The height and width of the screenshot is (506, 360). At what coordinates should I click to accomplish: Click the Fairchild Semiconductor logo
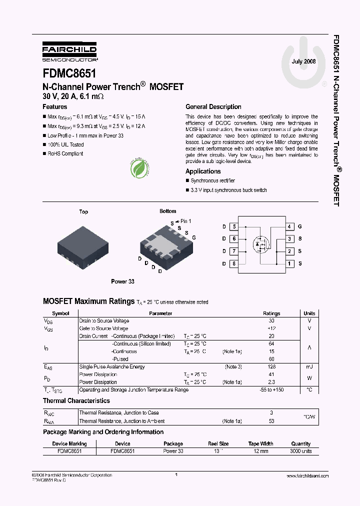point(69,51)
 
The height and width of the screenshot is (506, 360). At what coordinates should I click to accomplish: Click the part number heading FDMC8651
point(69,73)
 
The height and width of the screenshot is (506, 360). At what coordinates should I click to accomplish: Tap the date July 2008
point(303,61)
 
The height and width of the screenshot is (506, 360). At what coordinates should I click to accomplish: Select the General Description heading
point(213,107)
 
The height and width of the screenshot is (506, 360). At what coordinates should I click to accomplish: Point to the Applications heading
point(203,171)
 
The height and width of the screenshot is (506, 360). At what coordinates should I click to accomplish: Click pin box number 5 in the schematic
point(233,226)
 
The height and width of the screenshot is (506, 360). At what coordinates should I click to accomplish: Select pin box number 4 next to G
point(289,226)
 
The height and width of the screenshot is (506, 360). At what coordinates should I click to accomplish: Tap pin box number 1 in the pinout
point(289,263)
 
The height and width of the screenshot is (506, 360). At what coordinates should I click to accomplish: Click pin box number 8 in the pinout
point(233,263)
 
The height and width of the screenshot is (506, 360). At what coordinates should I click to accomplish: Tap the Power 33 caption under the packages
point(122,281)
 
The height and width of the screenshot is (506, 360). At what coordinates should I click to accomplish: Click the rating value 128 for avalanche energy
point(271,367)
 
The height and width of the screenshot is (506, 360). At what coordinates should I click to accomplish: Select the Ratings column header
point(271,313)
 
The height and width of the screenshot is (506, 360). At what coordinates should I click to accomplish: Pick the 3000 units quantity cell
point(300,451)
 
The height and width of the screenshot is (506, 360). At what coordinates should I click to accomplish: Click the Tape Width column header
point(260,443)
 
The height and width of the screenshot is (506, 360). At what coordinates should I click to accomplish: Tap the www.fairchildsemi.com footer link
point(306,476)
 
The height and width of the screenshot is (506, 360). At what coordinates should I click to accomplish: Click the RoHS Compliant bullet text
point(65,154)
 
